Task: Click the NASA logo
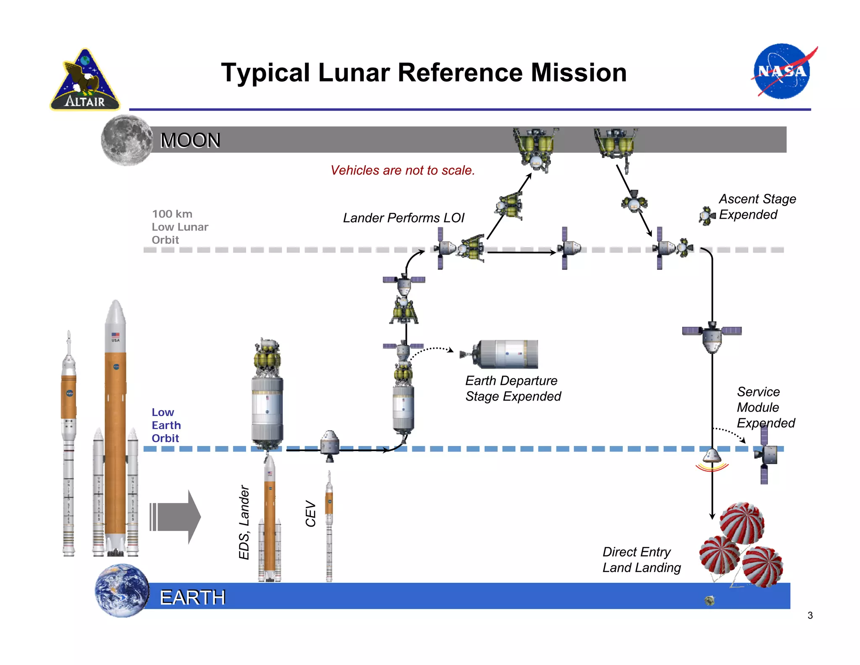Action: tap(782, 71)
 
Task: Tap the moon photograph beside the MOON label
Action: tap(126, 140)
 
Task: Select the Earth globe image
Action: tap(122, 590)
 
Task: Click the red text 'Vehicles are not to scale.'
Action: tap(402, 170)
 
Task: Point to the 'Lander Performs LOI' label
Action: tap(403, 218)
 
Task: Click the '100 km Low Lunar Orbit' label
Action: tap(180, 227)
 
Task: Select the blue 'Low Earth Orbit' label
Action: tap(166, 425)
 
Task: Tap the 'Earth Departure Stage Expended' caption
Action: tap(513, 388)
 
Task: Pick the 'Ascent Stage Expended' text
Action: tap(757, 206)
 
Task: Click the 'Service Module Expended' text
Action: tap(765, 407)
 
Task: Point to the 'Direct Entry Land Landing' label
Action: tap(641, 559)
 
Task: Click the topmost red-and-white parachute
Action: tap(742, 522)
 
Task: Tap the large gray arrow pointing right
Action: tap(175, 517)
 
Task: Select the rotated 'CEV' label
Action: tap(310, 513)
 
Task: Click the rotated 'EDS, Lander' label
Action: tap(244, 522)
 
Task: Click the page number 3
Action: tap(810, 615)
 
